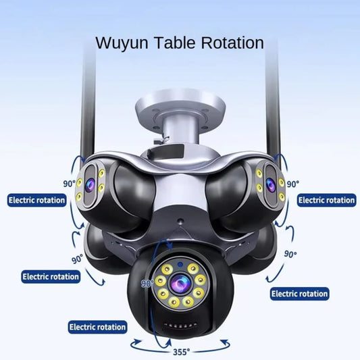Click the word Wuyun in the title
[122, 43]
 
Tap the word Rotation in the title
[232, 43]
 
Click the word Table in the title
[174, 43]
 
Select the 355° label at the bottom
[182, 352]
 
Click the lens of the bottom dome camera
[180, 282]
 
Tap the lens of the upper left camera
[90, 184]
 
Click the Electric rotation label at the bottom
[97, 327]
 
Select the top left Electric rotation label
[36, 200]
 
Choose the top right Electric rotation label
[326, 200]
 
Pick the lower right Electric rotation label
[300, 294]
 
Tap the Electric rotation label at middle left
[51, 276]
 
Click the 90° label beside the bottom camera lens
[147, 284]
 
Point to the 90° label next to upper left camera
[69, 184]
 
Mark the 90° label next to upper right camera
[293, 184]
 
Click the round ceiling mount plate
[180, 108]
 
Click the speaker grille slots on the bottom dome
[180, 326]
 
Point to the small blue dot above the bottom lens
[180, 265]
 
